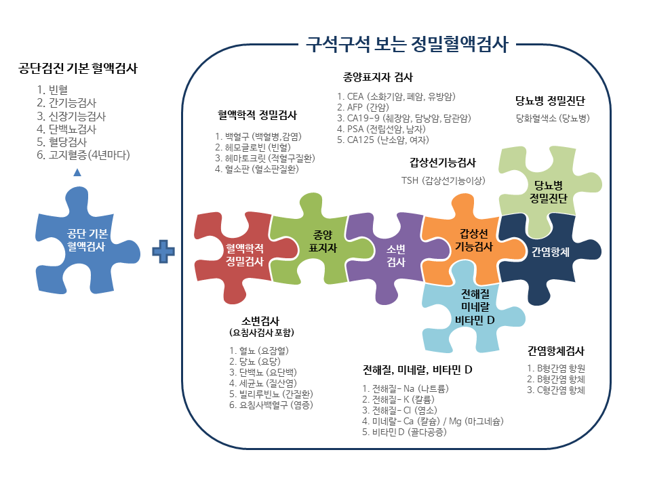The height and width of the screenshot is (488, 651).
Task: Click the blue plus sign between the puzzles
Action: [163, 251]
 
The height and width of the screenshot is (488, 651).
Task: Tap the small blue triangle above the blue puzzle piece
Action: [77, 172]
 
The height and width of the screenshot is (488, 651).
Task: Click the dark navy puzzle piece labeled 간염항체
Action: [551, 251]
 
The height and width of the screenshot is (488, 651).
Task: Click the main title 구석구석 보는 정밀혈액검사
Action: [407, 45]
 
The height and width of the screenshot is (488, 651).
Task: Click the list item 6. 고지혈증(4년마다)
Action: [83, 155]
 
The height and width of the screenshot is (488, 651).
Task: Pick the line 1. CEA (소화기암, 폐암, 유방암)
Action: [396, 96]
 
